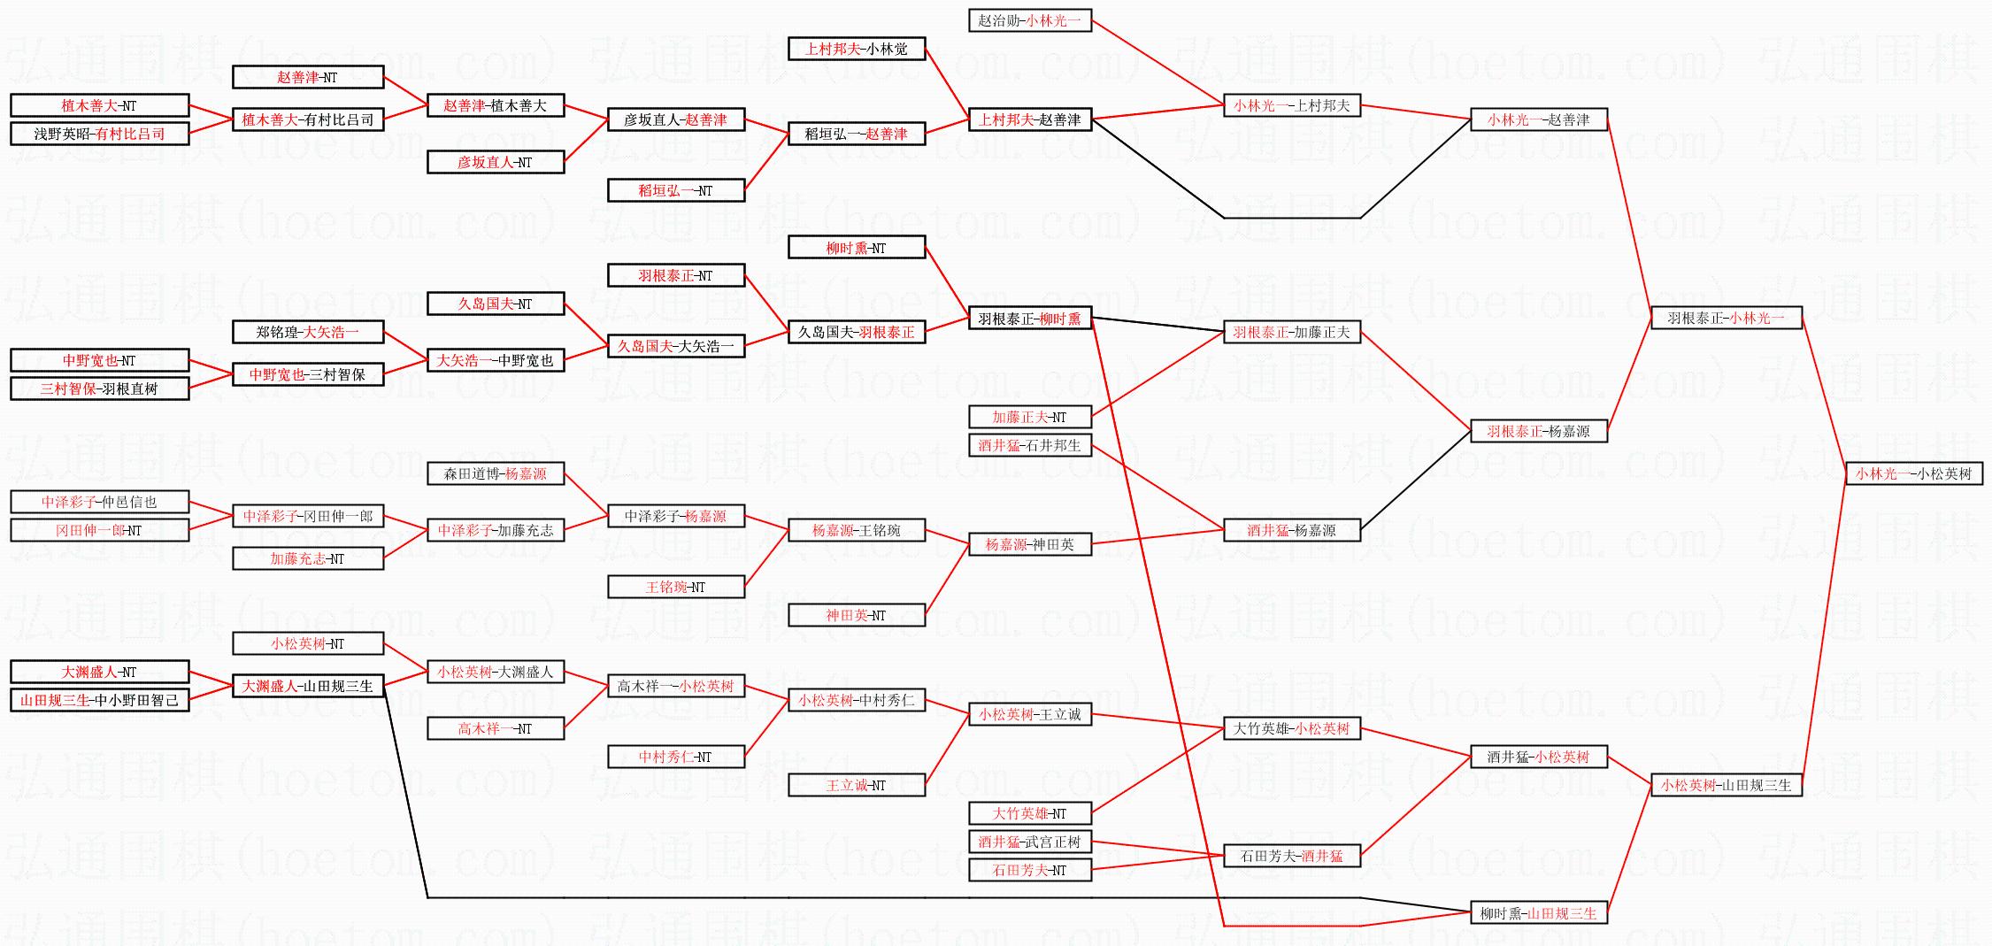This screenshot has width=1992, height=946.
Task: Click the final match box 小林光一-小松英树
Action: coord(1913,473)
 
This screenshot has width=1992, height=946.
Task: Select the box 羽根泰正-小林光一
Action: coord(1726,318)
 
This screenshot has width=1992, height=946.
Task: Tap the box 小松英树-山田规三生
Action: coord(1726,785)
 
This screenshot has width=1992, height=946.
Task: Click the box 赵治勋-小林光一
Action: coord(1029,20)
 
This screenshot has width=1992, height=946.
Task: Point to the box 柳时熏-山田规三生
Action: coord(1538,913)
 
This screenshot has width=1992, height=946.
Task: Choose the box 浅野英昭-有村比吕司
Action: coord(99,134)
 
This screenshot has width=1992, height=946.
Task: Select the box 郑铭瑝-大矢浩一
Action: coord(307,332)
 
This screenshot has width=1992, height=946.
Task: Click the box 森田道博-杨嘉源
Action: coord(495,473)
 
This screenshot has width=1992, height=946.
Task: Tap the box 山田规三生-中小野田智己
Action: coord(99,700)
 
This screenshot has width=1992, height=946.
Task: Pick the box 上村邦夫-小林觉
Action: coord(856,49)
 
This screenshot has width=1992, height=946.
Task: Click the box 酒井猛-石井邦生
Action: coord(1029,445)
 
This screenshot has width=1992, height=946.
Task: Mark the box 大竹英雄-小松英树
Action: coord(1291,728)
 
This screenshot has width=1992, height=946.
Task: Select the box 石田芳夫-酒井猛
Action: coord(1291,856)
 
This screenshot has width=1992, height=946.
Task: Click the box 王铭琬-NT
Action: coord(675,587)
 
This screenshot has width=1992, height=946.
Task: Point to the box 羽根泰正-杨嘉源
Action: coord(1538,431)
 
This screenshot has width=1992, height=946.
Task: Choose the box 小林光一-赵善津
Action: coord(1538,119)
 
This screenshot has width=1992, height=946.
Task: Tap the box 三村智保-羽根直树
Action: coord(99,388)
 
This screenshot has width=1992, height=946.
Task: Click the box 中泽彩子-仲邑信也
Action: coord(99,502)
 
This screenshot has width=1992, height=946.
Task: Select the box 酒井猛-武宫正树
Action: coord(1029,842)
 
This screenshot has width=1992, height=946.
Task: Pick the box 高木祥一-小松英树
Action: coord(675,686)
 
